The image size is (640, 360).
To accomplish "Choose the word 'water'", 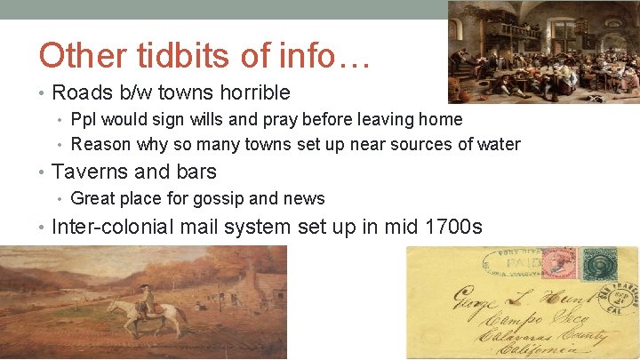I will pos(498,144).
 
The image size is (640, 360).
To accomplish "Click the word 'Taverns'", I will pos(92,172).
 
